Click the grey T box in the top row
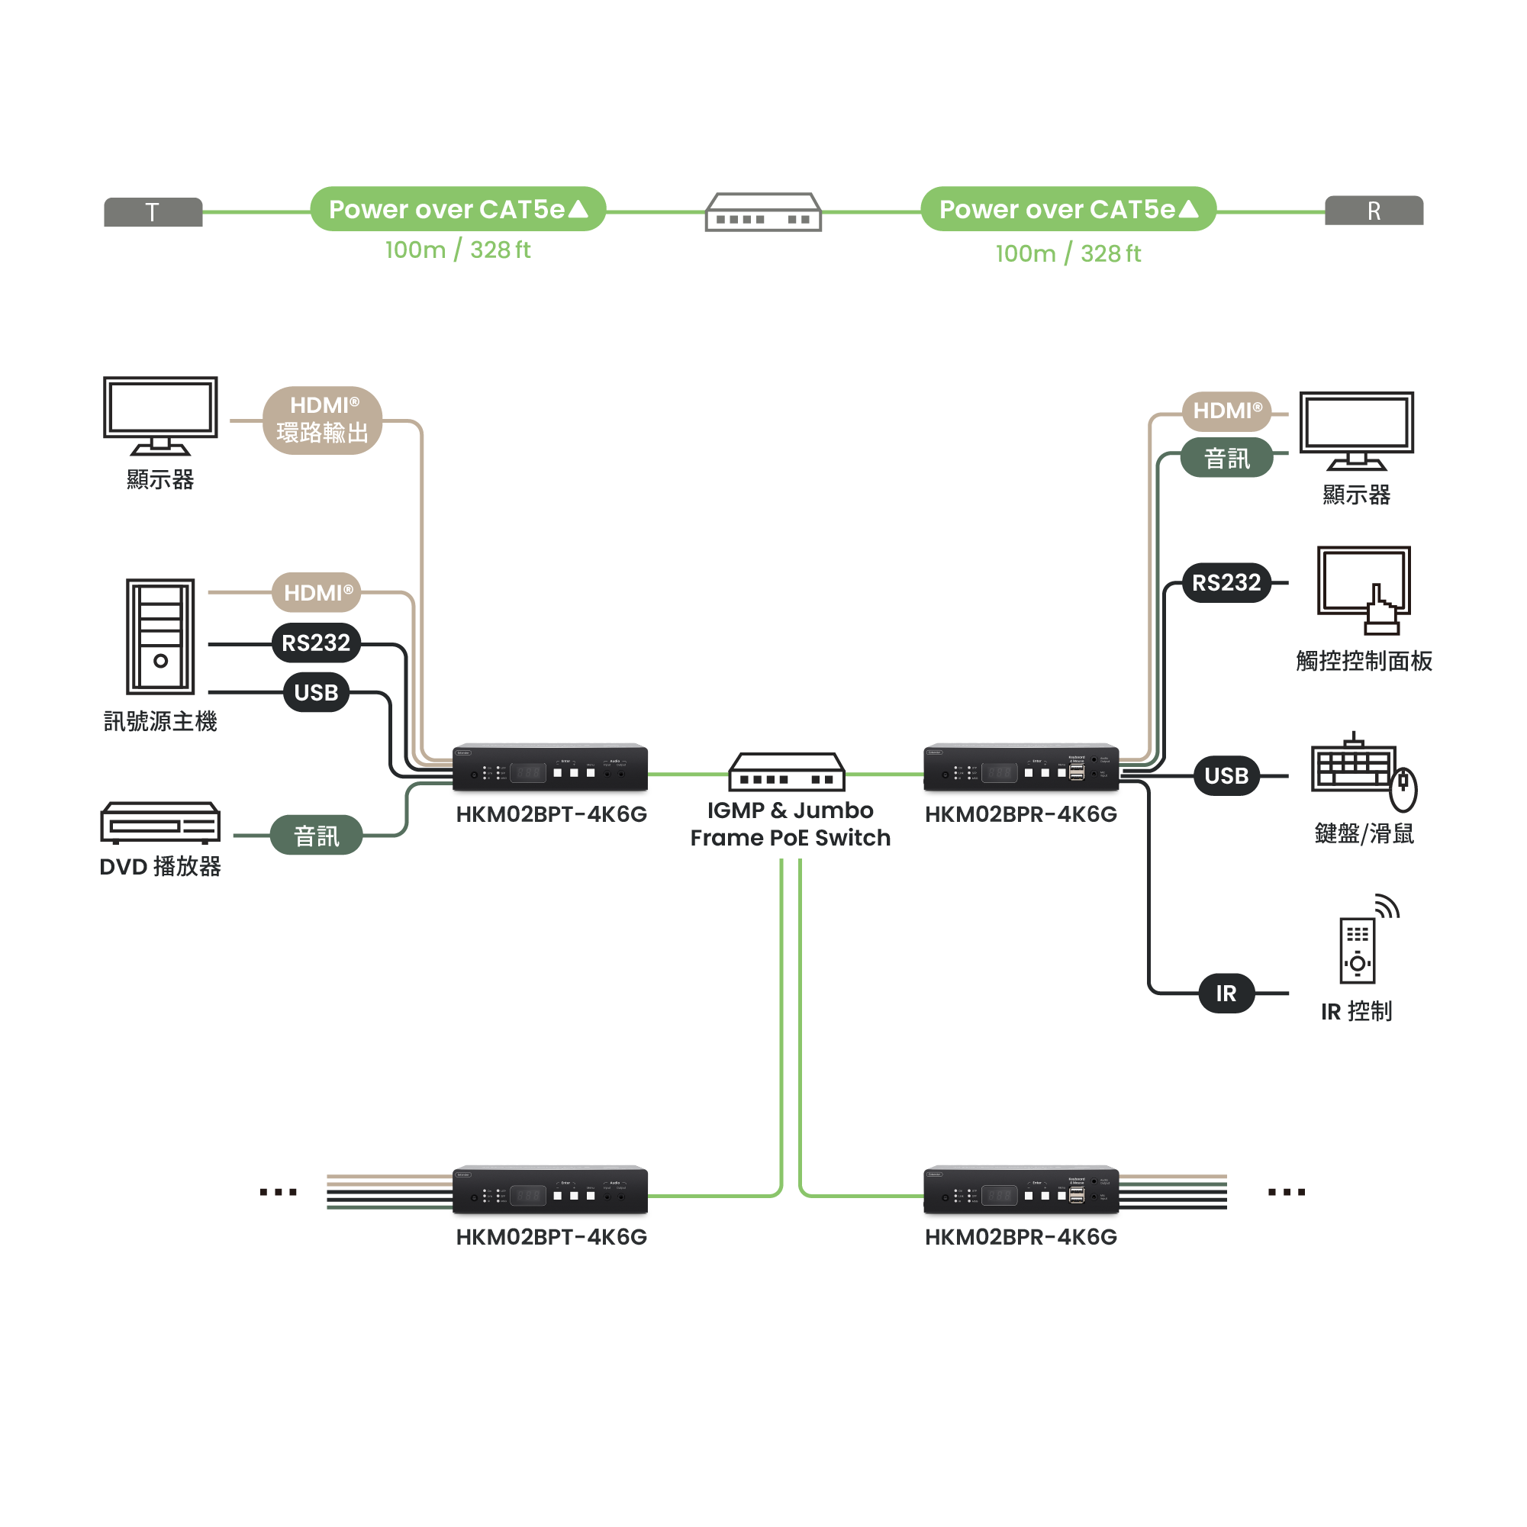(x=153, y=212)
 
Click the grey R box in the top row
(x=1374, y=211)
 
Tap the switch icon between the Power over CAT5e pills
(x=762, y=212)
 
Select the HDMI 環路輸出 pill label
(x=322, y=420)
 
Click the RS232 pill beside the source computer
(x=316, y=643)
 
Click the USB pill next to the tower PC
(x=316, y=692)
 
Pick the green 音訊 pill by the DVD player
(x=316, y=836)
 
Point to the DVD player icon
(x=159, y=823)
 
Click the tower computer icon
(x=160, y=636)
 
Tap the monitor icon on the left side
(x=160, y=415)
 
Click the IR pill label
(x=1226, y=993)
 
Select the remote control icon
(x=1358, y=948)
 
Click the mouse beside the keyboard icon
(x=1403, y=789)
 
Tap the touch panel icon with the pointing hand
(x=1364, y=590)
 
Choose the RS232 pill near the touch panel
(x=1226, y=582)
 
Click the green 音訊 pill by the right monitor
(x=1226, y=458)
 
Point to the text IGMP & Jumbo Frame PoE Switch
(x=790, y=823)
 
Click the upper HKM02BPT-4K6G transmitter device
(x=550, y=768)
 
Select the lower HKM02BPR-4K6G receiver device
(x=1020, y=1190)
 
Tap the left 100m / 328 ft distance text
(x=458, y=250)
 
